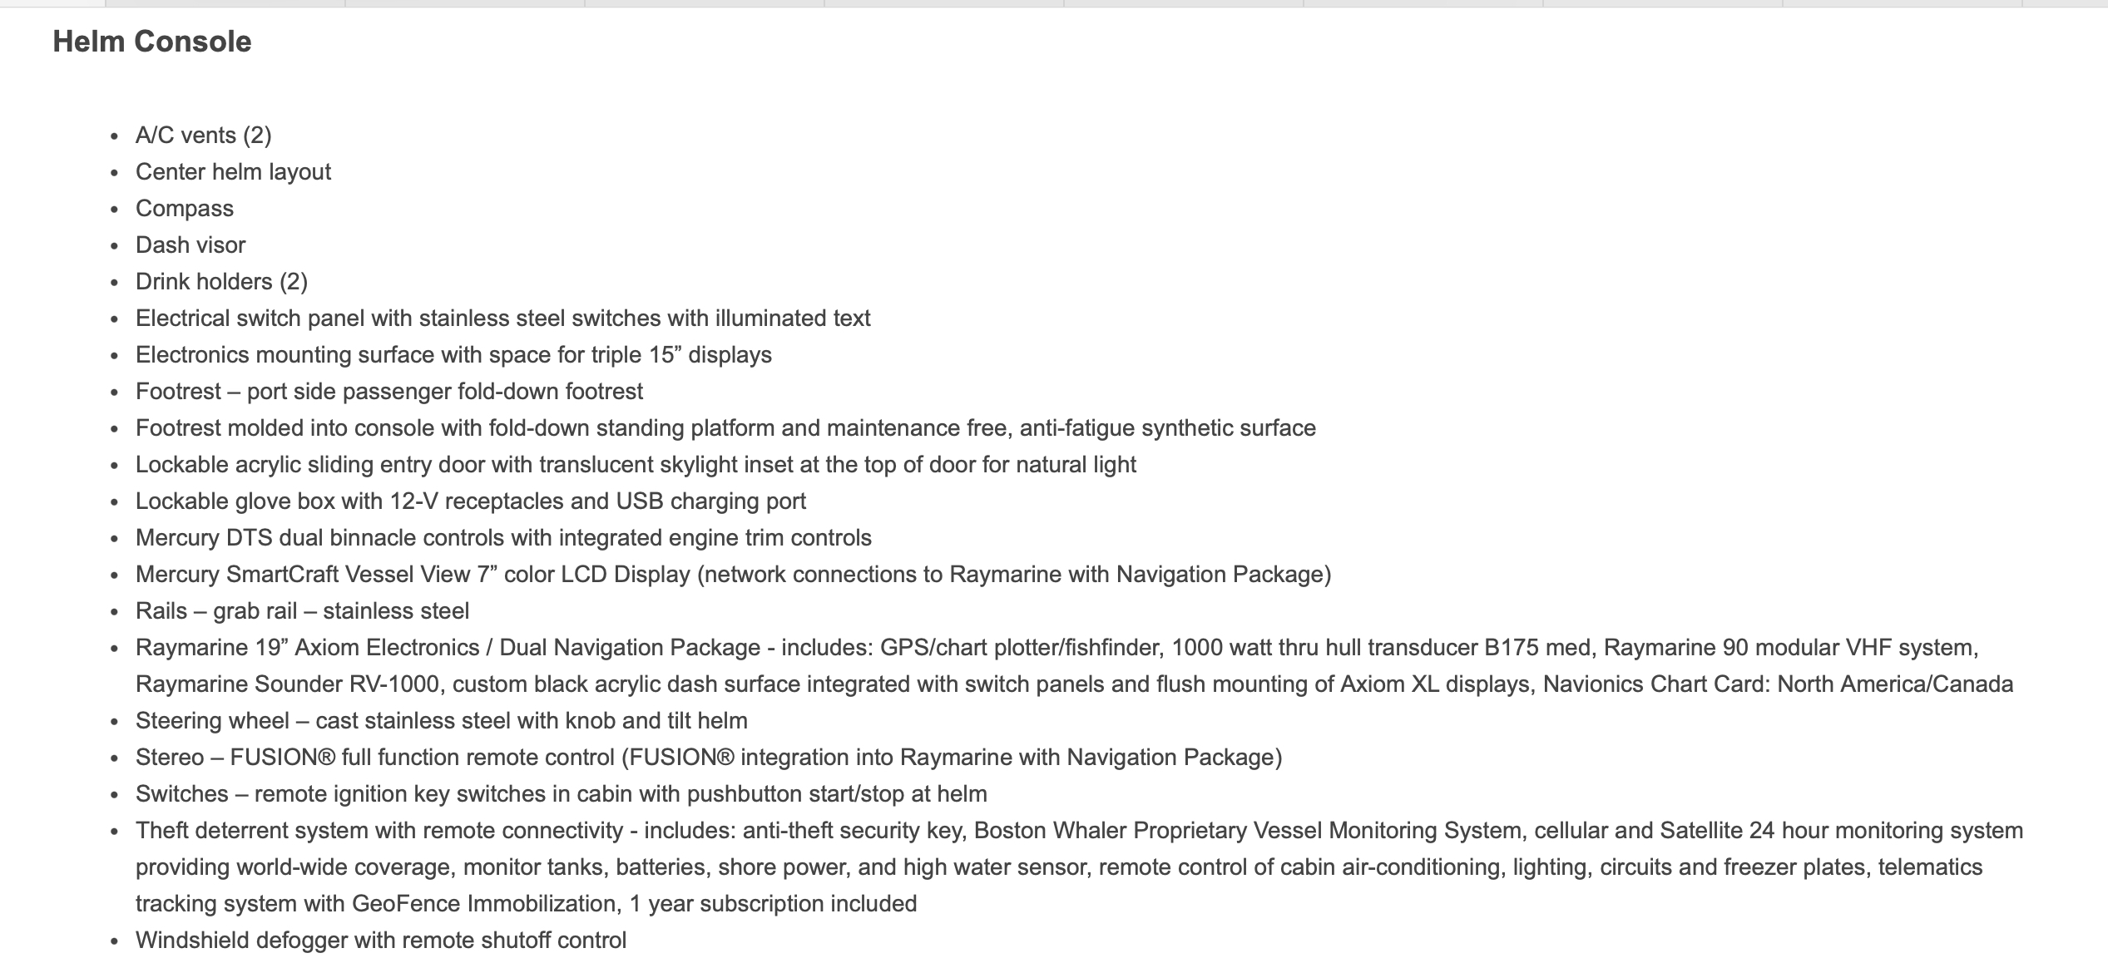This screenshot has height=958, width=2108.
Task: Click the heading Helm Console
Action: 151,42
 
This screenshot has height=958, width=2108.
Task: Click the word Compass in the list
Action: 185,209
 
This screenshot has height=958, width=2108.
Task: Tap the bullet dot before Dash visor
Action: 115,246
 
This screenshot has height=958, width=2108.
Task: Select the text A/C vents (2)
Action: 203,136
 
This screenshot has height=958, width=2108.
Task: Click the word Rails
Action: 161,611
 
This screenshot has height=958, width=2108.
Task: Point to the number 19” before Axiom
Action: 266,648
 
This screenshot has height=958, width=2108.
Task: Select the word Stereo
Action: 170,758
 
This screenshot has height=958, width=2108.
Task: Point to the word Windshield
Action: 192,941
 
